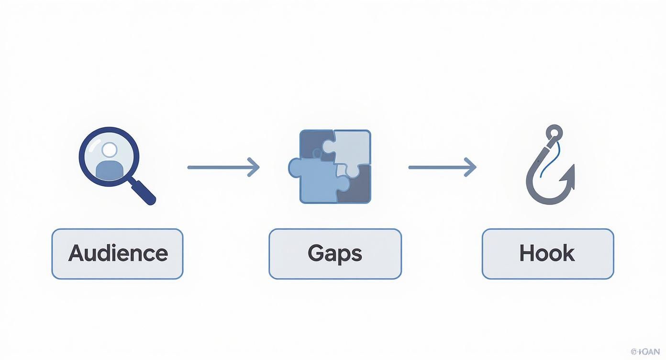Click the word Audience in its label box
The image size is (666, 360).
tap(118, 253)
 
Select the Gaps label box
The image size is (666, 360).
tap(335, 254)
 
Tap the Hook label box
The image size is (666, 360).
tap(547, 254)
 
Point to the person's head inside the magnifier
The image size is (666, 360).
tap(110, 149)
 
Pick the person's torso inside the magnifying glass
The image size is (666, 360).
tap(109, 169)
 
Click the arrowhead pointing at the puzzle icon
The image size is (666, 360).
tap(255, 167)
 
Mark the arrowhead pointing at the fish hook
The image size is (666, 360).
tap(471, 167)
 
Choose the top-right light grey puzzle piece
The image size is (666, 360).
tap(353, 146)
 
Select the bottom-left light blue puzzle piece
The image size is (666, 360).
tap(316, 184)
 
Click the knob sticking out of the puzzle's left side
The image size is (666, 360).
tap(293, 167)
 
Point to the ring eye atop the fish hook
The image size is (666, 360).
tap(554, 132)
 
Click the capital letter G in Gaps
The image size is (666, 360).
tap(316, 253)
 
